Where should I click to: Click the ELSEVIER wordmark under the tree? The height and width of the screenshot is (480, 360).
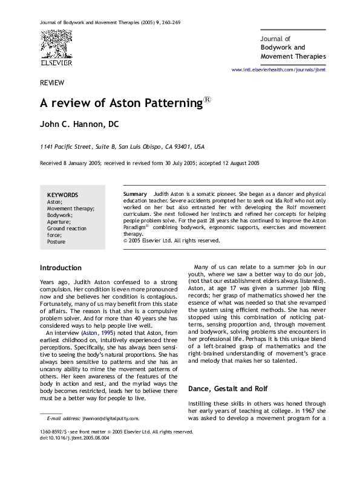click(56, 62)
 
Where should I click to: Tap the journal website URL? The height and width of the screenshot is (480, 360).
click(279, 71)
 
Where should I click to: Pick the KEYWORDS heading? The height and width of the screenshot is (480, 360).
click(62, 195)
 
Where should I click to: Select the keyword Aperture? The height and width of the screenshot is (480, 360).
click(59, 221)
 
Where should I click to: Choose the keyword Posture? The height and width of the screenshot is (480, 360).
click(57, 241)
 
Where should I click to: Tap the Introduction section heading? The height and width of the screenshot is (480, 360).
click(60, 268)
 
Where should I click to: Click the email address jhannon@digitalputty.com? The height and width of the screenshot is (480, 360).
click(110, 418)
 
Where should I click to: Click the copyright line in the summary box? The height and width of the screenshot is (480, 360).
click(172, 239)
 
